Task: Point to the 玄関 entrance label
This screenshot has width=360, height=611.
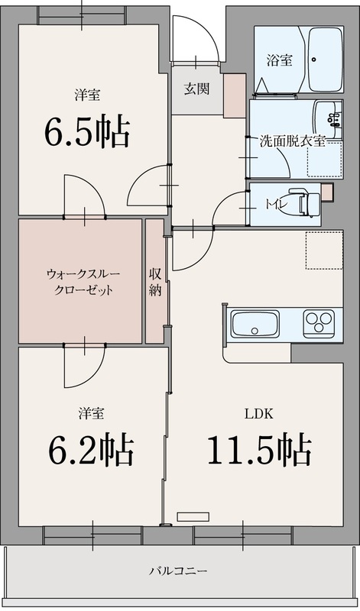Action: click(x=196, y=88)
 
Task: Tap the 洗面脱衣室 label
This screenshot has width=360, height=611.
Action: click(x=292, y=141)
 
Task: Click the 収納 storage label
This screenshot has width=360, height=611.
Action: click(x=155, y=281)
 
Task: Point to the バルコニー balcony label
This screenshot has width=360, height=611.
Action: click(x=179, y=571)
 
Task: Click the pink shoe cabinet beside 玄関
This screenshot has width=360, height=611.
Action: click(x=232, y=95)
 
